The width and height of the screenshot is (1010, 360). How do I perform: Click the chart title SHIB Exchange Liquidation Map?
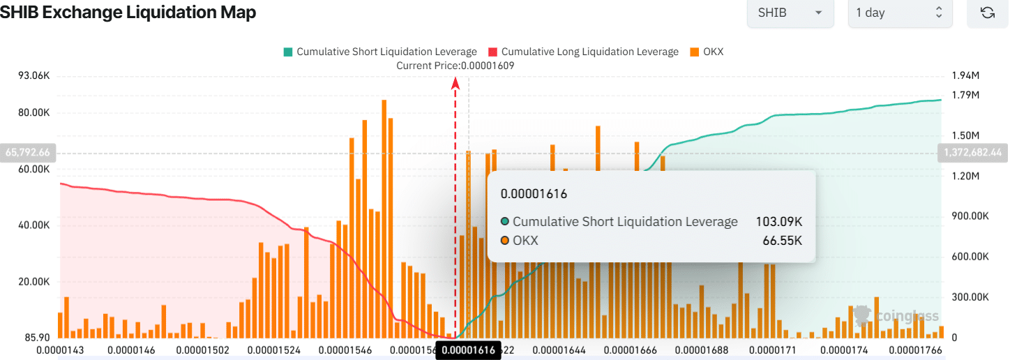(x=128, y=13)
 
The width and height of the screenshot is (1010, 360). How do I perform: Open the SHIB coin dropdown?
(x=790, y=13)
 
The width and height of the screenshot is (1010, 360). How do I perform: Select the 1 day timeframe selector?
(x=899, y=13)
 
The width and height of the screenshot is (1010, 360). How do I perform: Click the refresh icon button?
(x=987, y=13)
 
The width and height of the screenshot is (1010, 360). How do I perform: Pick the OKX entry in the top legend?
(x=707, y=52)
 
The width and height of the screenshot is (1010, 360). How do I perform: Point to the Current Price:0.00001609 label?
(x=455, y=66)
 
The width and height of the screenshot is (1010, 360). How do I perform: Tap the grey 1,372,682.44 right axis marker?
(x=972, y=152)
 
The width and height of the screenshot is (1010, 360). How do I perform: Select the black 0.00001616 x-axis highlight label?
(x=468, y=350)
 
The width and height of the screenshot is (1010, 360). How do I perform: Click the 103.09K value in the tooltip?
(x=778, y=222)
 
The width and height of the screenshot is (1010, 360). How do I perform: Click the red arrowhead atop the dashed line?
(x=455, y=83)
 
